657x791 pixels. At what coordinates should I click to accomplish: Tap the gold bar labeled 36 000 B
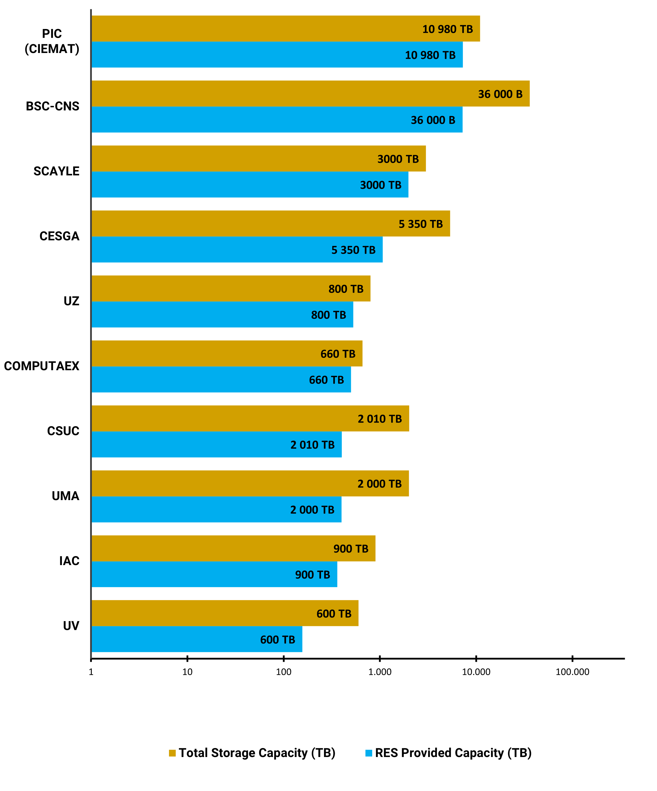click(x=311, y=93)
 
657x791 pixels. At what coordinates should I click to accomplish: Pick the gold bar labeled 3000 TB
click(x=259, y=159)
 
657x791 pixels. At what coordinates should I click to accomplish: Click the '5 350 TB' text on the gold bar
click(x=420, y=224)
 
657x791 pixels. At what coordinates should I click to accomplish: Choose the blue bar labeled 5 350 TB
click(x=237, y=250)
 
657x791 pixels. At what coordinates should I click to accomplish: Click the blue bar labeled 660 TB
click(x=221, y=380)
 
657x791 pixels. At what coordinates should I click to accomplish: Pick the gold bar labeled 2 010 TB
click(x=250, y=418)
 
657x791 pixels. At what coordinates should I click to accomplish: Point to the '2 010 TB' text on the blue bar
click(x=312, y=445)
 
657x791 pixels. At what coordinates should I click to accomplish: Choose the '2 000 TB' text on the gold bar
click(x=379, y=484)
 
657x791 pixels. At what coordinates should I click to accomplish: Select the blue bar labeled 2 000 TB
click(x=216, y=510)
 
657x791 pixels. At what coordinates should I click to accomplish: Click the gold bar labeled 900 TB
click(x=233, y=548)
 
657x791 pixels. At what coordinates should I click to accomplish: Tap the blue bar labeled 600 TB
click(x=197, y=640)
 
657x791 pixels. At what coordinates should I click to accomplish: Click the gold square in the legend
click(x=172, y=753)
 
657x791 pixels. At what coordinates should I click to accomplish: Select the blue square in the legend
click(x=369, y=753)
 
